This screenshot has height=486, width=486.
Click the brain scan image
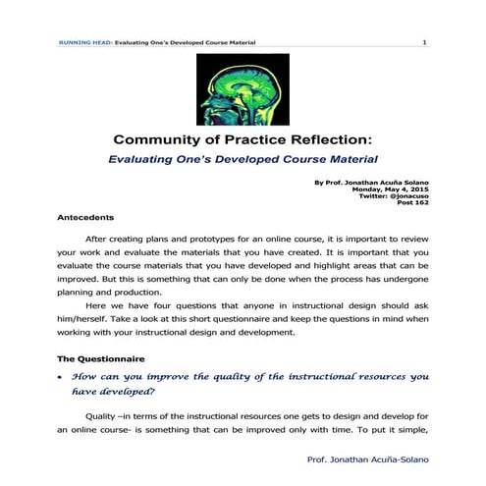pyautogui.click(x=243, y=87)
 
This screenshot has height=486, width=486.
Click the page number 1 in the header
pyautogui.click(x=424, y=43)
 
